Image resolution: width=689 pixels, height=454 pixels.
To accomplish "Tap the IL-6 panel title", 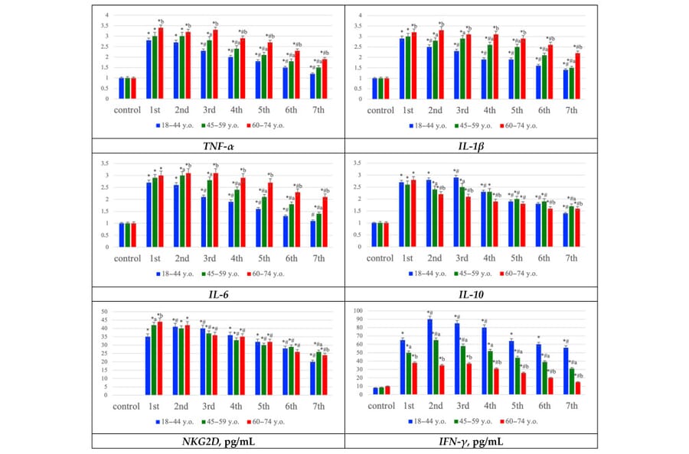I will (x=217, y=293).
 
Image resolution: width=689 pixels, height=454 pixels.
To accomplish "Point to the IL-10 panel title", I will (x=470, y=293).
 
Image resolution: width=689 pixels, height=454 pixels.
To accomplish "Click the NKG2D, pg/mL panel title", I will (x=217, y=441).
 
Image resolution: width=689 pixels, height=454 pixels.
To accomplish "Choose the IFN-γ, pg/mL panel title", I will (x=470, y=441).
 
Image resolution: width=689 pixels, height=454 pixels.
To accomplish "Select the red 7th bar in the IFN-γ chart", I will (x=578, y=388).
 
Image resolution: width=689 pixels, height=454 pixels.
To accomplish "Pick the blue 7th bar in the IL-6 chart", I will (x=312, y=234).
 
